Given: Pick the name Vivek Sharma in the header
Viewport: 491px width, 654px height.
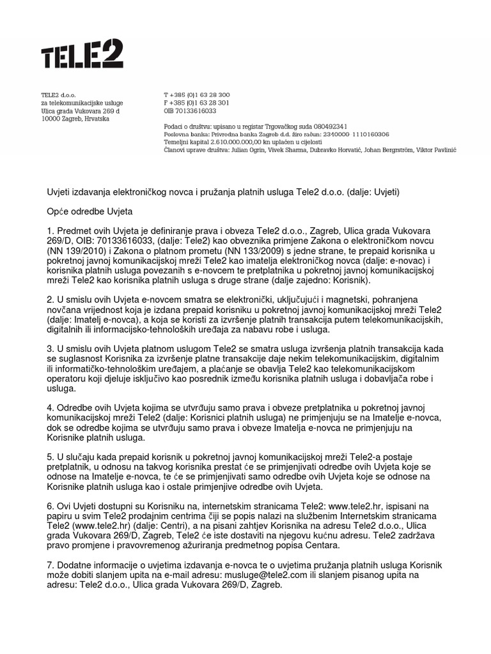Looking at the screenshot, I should point(282,150).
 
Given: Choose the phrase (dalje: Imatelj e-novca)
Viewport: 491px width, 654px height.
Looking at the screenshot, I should point(95,319).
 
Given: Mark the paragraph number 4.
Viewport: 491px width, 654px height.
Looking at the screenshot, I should point(51,407).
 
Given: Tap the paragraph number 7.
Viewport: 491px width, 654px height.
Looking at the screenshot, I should point(51,566).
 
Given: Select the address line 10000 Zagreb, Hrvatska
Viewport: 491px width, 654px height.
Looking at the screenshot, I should point(75,119).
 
